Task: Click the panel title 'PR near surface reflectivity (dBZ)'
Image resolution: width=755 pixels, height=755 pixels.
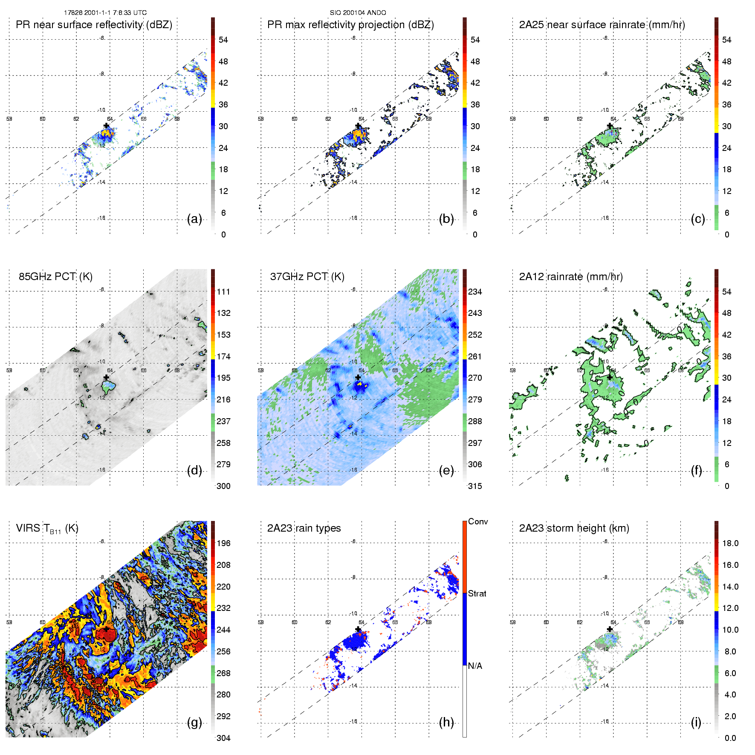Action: (94, 25)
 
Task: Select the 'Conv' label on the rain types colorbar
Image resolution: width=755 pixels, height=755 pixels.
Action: (478, 521)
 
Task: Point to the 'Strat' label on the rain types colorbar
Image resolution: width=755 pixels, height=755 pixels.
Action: (477, 593)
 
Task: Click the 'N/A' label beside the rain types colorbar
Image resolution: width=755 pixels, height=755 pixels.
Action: (475, 666)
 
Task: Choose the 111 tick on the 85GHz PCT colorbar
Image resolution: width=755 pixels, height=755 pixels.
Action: (223, 292)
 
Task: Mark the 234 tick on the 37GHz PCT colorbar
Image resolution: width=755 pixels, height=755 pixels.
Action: (475, 292)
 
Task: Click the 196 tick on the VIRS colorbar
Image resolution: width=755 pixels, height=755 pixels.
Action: (223, 543)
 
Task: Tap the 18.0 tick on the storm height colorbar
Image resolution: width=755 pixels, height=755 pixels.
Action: (730, 543)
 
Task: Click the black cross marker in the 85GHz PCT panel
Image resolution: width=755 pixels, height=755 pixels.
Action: (107, 377)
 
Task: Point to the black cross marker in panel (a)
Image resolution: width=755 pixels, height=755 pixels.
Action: (107, 125)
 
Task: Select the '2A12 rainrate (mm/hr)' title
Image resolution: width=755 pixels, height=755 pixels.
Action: (571, 277)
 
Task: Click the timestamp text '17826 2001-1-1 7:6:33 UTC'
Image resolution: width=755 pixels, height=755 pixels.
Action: (105, 13)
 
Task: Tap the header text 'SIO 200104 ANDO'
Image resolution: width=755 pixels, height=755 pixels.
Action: (358, 13)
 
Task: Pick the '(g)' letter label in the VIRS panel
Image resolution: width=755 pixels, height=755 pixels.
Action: (194, 722)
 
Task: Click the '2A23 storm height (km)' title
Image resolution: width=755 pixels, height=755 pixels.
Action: (574, 528)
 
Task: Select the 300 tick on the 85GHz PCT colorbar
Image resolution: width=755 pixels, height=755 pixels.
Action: (223, 486)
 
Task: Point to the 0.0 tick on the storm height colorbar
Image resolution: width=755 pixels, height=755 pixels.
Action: (730, 738)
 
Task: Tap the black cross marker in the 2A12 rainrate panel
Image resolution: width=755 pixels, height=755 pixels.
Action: (610, 377)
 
